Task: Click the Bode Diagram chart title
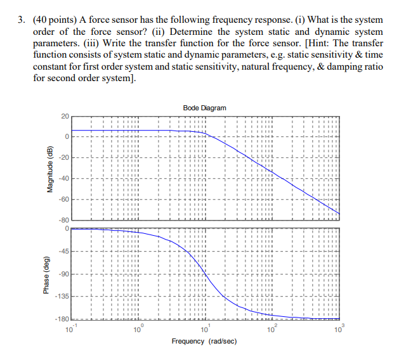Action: pyautogui.click(x=204, y=108)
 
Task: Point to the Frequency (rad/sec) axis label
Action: pyautogui.click(x=204, y=341)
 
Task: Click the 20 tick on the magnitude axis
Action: pyautogui.click(x=64, y=117)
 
